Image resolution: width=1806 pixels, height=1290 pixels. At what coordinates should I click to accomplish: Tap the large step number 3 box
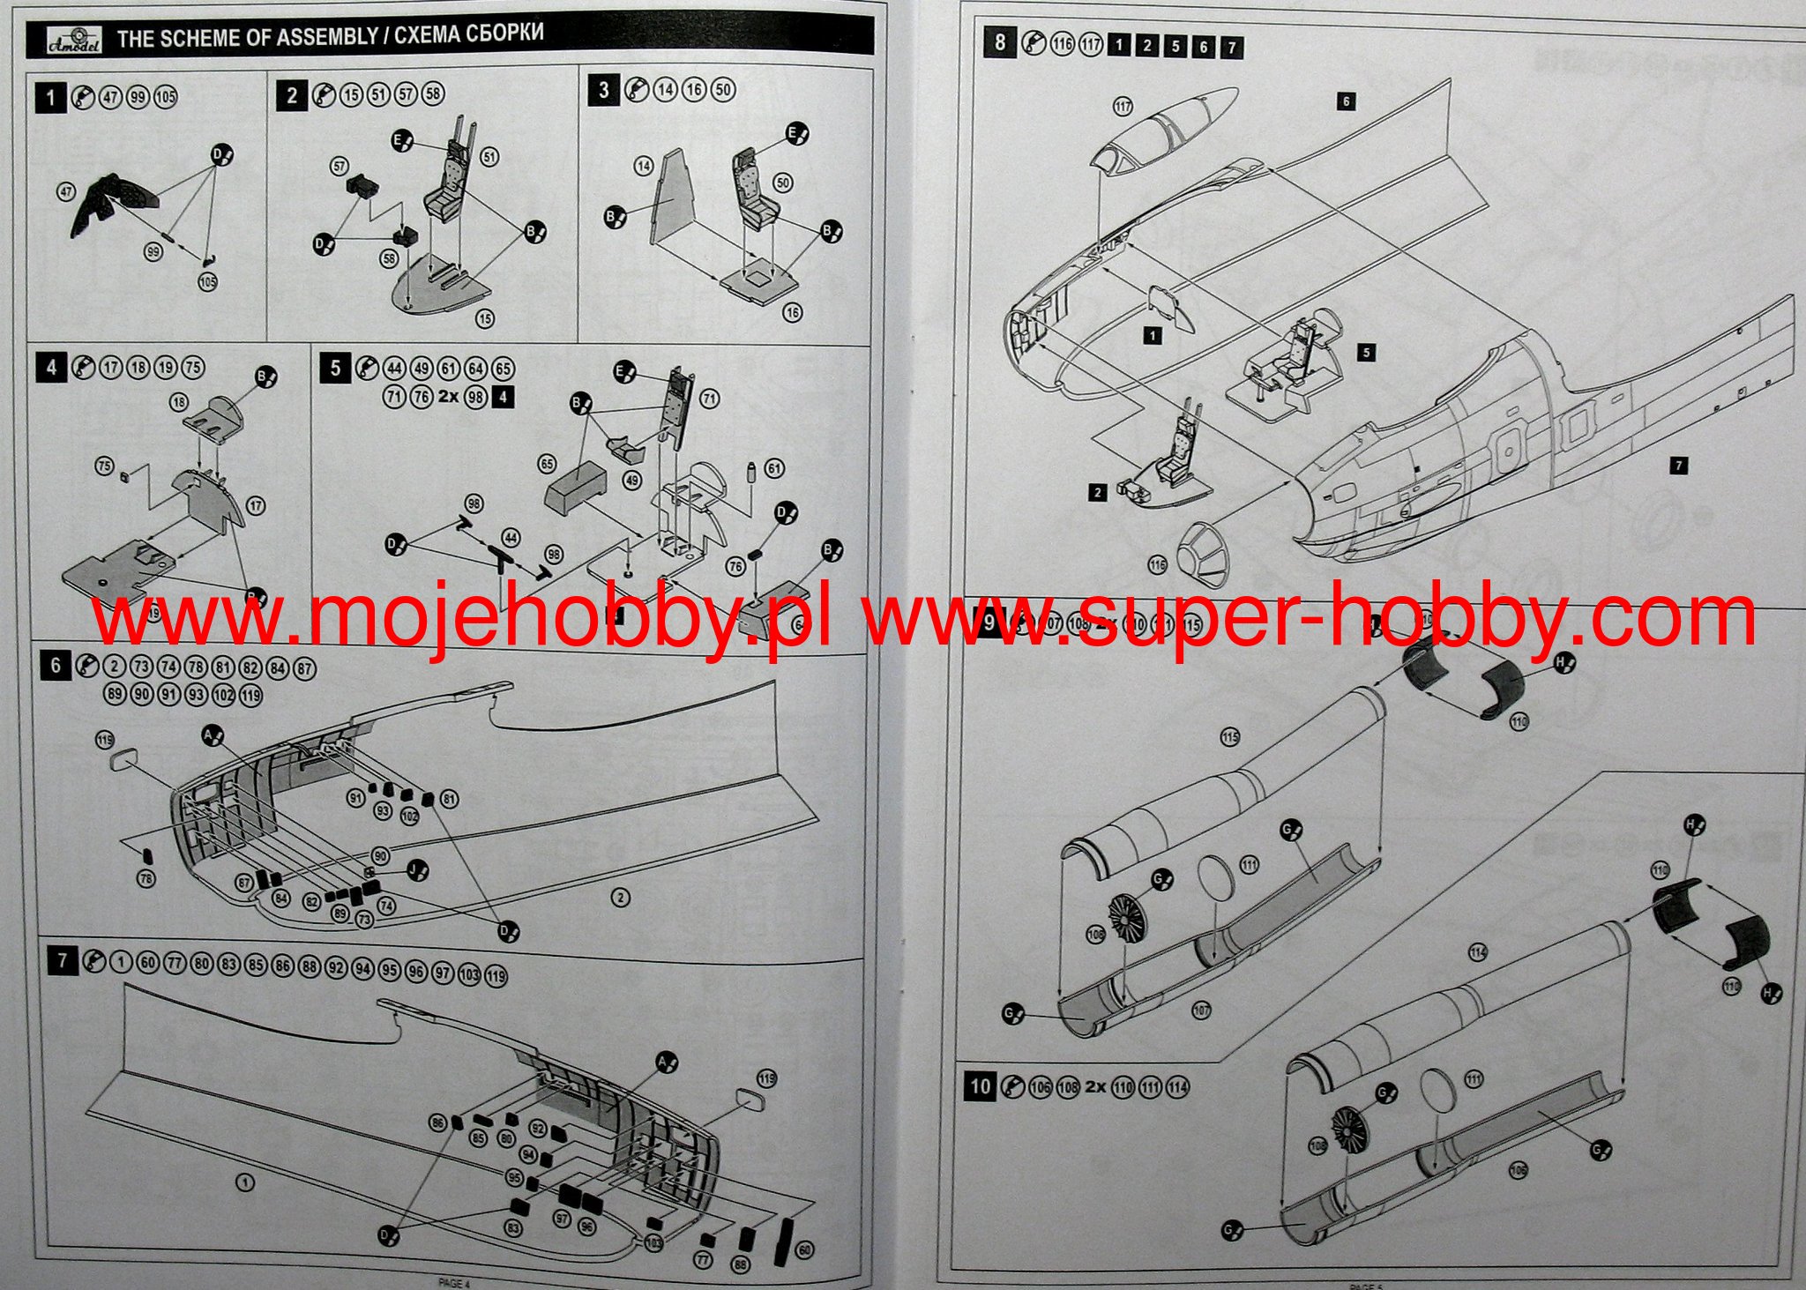click(603, 90)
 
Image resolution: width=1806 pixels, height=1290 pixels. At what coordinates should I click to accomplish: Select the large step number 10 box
click(981, 1086)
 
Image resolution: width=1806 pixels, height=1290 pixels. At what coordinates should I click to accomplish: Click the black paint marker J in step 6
click(419, 872)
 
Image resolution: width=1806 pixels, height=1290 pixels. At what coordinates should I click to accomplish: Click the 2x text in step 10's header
click(1094, 1087)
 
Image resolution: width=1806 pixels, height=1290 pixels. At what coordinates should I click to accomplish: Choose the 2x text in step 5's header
click(449, 397)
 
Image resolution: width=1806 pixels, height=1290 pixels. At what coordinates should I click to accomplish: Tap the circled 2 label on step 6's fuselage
click(621, 898)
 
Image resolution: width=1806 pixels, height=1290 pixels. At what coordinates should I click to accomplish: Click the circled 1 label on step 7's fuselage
click(245, 1183)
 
